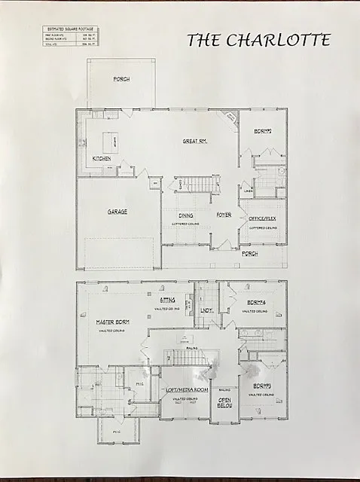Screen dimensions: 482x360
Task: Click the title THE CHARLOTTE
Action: click(x=258, y=41)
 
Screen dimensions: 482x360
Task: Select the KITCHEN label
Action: click(x=102, y=159)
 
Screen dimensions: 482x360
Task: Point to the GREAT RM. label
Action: click(x=194, y=141)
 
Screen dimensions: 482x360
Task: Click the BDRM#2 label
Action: click(x=261, y=131)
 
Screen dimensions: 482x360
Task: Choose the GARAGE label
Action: click(x=116, y=212)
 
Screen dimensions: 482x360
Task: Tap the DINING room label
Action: click(x=185, y=215)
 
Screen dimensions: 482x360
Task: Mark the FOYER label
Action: click(x=224, y=215)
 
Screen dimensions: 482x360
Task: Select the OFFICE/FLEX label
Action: click(x=262, y=219)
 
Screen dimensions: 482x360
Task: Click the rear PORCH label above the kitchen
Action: click(x=121, y=78)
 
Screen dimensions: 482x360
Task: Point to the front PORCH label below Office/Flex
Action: click(x=250, y=254)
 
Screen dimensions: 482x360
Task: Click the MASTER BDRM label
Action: click(x=113, y=322)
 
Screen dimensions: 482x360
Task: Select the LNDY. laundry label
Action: click(x=206, y=309)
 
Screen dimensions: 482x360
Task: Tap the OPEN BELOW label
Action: click(x=224, y=404)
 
